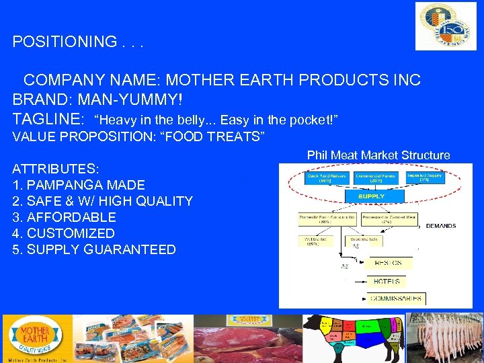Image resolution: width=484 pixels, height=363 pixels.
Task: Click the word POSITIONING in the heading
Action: (65, 42)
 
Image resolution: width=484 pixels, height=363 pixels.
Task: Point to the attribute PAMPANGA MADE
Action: (79, 185)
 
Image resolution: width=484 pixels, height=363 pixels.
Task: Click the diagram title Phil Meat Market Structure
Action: (378, 155)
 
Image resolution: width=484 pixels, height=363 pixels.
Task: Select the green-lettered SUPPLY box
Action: (371, 196)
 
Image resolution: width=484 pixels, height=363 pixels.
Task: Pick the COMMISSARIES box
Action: (397, 298)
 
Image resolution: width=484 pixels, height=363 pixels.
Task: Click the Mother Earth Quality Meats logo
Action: (34, 338)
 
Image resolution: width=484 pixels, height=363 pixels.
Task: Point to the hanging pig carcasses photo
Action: (445, 338)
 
